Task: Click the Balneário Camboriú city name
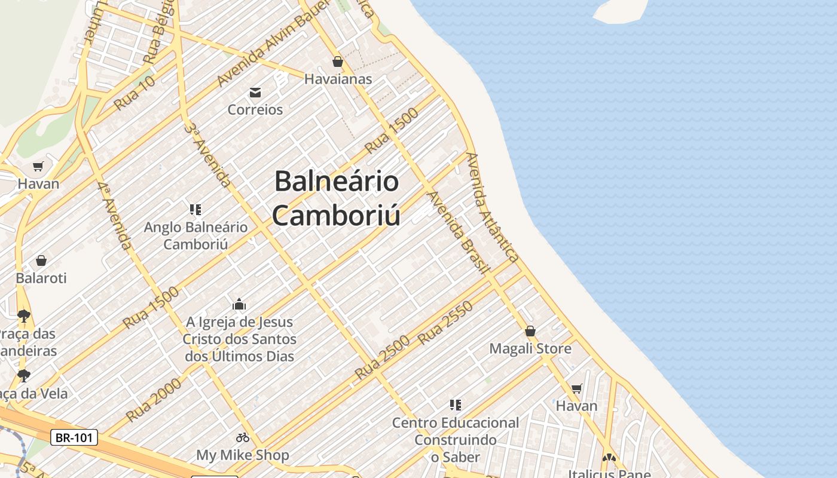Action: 337,198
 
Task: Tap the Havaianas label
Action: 338,79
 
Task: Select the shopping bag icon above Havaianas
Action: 338,62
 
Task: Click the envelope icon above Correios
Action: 255,92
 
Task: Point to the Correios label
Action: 255,109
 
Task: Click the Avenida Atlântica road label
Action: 491,207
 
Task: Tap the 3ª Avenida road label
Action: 207,155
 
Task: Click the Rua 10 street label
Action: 135,93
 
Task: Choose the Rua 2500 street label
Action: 382,357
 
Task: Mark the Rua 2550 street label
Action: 445,323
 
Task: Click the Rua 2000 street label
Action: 154,400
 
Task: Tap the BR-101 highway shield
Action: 74,437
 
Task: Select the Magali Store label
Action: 530,348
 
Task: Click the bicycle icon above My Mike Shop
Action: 243,437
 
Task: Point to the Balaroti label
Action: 41,278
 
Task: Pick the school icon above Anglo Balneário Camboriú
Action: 195,209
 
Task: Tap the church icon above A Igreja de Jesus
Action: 239,304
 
